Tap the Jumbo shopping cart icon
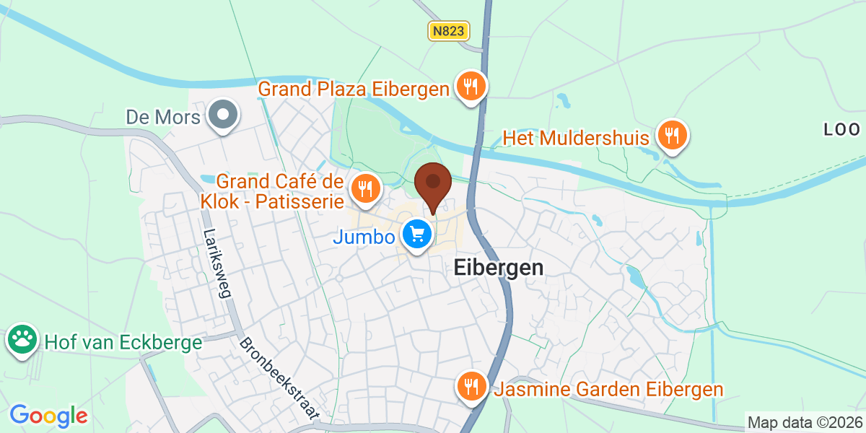pyautogui.click(x=416, y=235)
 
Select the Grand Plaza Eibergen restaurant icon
pyautogui.click(x=471, y=88)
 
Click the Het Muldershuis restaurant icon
pyautogui.click(x=672, y=136)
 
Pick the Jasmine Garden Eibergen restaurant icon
pyautogui.click(x=471, y=388)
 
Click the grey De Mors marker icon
pyautogui.click(x=223, y=115)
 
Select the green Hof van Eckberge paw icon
pyautogui.click(x=22, y=341)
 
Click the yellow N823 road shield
pyautogui.click(x=449, y=30)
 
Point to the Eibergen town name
pyautogui.click(x=498, y=268)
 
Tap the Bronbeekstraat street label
pyautogui.click(x=279, y=378)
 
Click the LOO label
pyautogui.click(x=842, y=130)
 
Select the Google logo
pyautogui.click(x=48, y=416)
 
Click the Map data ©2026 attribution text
pyautogui.click(x=805, y=422)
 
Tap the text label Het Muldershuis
pyautogui.click(x=576, y=137)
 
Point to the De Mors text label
pyautogui.click(x=162, y=116)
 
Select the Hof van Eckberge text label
pyautogui.click(x=123, y=342)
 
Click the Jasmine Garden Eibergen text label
pyautogui.click(x=608, y=390)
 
